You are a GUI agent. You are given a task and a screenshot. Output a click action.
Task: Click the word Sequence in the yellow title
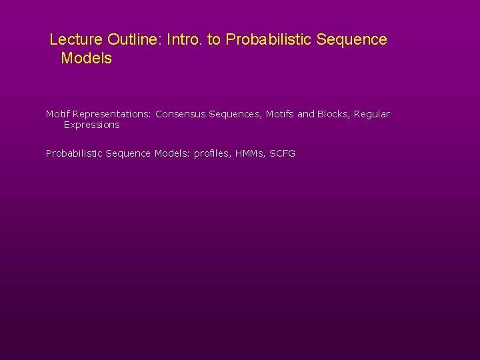(x=350, y=40)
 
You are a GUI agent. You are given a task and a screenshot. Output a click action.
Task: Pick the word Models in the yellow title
(x=86, y=59)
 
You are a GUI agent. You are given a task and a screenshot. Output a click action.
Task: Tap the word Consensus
(x=181, y=114)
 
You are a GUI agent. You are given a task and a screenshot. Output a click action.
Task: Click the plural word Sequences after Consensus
(x=233, y=114)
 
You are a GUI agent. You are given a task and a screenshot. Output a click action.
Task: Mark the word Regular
(x=372, y=114)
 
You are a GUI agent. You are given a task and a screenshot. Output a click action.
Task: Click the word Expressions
(x=91, y=125)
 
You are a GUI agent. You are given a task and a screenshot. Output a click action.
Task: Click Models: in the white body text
(x=173, y=153)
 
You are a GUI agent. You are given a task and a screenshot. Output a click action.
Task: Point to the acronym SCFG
(x=283, y=153)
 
